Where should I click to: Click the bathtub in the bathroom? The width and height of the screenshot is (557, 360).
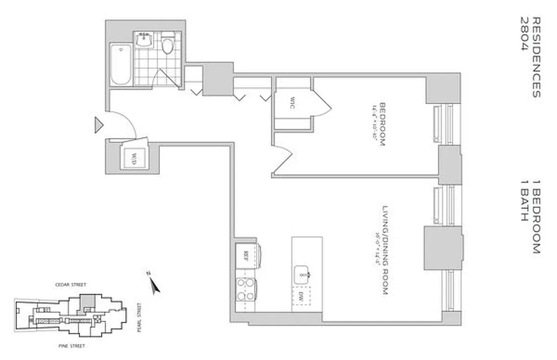(121, 64)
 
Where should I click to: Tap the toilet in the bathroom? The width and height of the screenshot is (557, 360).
(168, 45)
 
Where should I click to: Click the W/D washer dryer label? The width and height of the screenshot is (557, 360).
(134, 158)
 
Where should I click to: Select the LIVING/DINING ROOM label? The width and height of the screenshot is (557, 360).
(384, 251)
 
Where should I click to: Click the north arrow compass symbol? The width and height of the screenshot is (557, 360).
(154, 283)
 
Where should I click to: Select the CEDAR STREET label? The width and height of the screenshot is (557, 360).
(70, 284)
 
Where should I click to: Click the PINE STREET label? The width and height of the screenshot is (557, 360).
(72, 346)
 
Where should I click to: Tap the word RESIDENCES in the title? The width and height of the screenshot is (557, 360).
(536, 57)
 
